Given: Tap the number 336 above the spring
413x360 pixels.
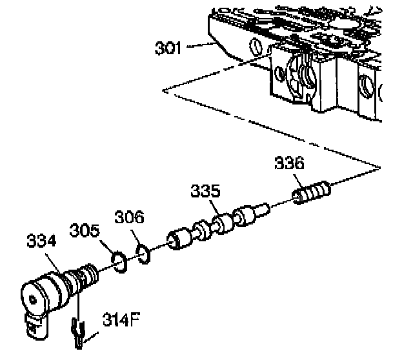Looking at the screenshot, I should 289,163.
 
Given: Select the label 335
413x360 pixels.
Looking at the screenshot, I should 206,192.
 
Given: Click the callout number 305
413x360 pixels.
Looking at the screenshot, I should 84,230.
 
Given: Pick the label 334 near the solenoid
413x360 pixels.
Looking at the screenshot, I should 41,242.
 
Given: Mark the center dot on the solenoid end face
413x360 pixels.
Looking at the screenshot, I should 34,299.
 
